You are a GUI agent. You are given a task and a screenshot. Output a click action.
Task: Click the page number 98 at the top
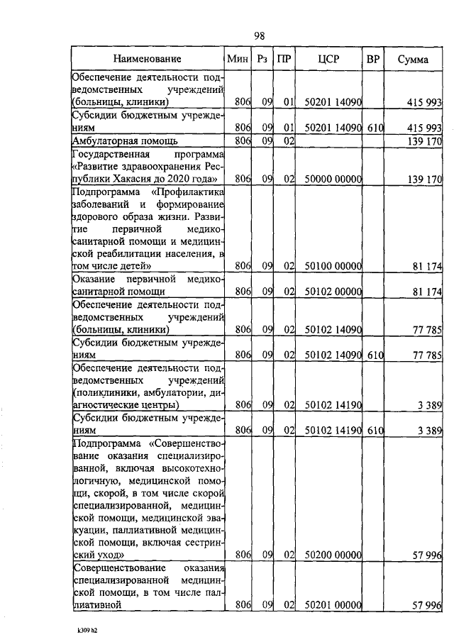pos(260,35)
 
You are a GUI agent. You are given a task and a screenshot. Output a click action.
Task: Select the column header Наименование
pos(148,60)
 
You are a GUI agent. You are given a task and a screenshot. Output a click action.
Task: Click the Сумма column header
pos(413,60)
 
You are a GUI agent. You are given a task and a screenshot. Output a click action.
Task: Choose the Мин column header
pos(236,60)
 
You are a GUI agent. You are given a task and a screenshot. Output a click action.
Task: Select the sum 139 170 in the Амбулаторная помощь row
pos(426,141)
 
